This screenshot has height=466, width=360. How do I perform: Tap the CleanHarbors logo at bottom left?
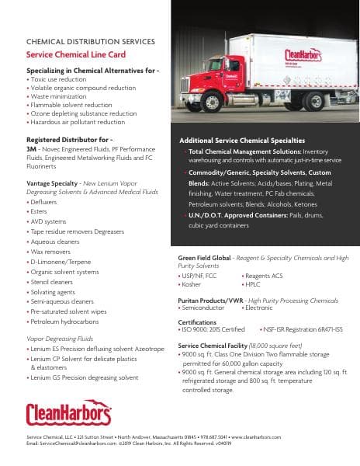pos(68,414)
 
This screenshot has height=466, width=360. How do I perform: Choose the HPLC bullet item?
pos(254,284)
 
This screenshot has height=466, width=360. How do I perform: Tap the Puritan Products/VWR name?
pos(209,300)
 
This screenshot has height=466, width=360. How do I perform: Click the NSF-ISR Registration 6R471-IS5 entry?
pos(301,329)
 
